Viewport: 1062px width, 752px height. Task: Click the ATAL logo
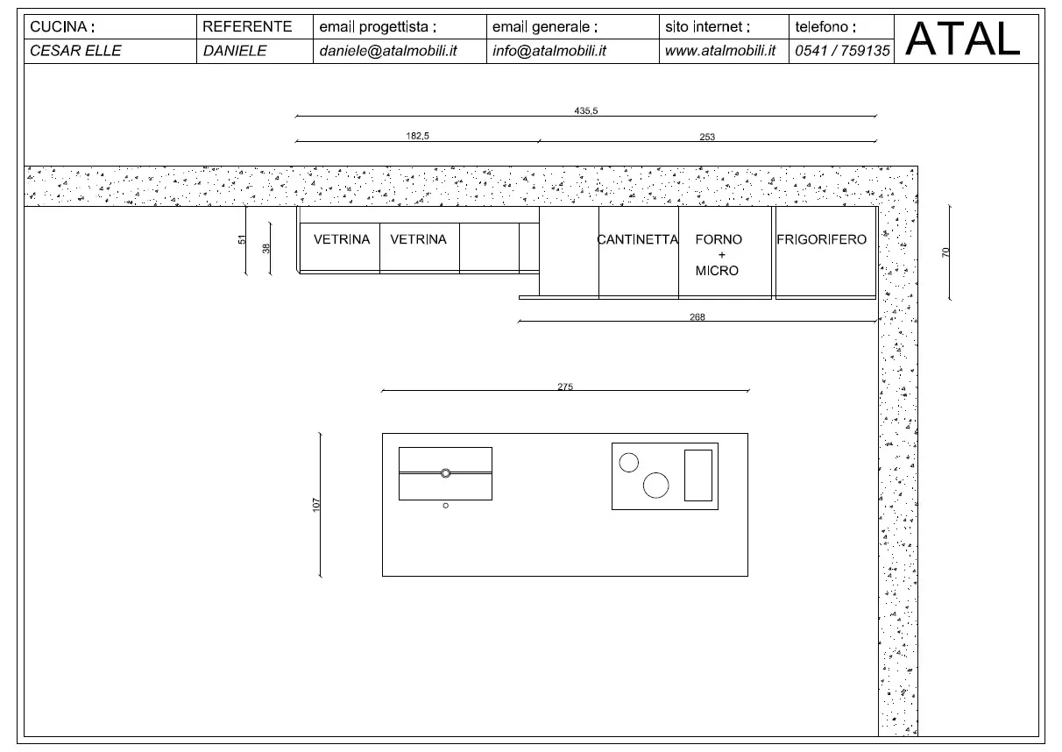point(963,39)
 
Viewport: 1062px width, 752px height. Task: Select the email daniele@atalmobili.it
point(388,51)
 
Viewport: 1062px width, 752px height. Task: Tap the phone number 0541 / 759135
point(842,51)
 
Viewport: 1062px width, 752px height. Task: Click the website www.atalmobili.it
point(720,51)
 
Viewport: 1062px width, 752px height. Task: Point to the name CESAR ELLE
point(76,51)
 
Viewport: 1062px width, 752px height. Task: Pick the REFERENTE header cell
point(247,27)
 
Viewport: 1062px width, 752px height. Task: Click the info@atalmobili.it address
point(549,51)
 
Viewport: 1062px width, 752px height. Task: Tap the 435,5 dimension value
point(585,110)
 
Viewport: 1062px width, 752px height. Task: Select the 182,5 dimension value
point(416,136)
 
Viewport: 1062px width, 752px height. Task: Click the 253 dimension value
point(707,137)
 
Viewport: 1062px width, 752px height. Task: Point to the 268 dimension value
point(697,317)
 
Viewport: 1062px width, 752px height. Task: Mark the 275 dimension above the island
point(565,387)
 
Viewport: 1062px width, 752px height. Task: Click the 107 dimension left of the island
point(316,504)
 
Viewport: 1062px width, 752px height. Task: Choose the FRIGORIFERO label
point(821,239)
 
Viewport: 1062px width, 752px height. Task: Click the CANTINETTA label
point(638,239)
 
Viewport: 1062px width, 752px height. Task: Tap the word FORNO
point(719,239)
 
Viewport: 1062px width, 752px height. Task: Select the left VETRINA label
point(342,239)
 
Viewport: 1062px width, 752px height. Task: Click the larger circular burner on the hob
point(655,485)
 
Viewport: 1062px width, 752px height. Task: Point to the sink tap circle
point(445,473)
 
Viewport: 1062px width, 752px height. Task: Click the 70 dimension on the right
point(945,252)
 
